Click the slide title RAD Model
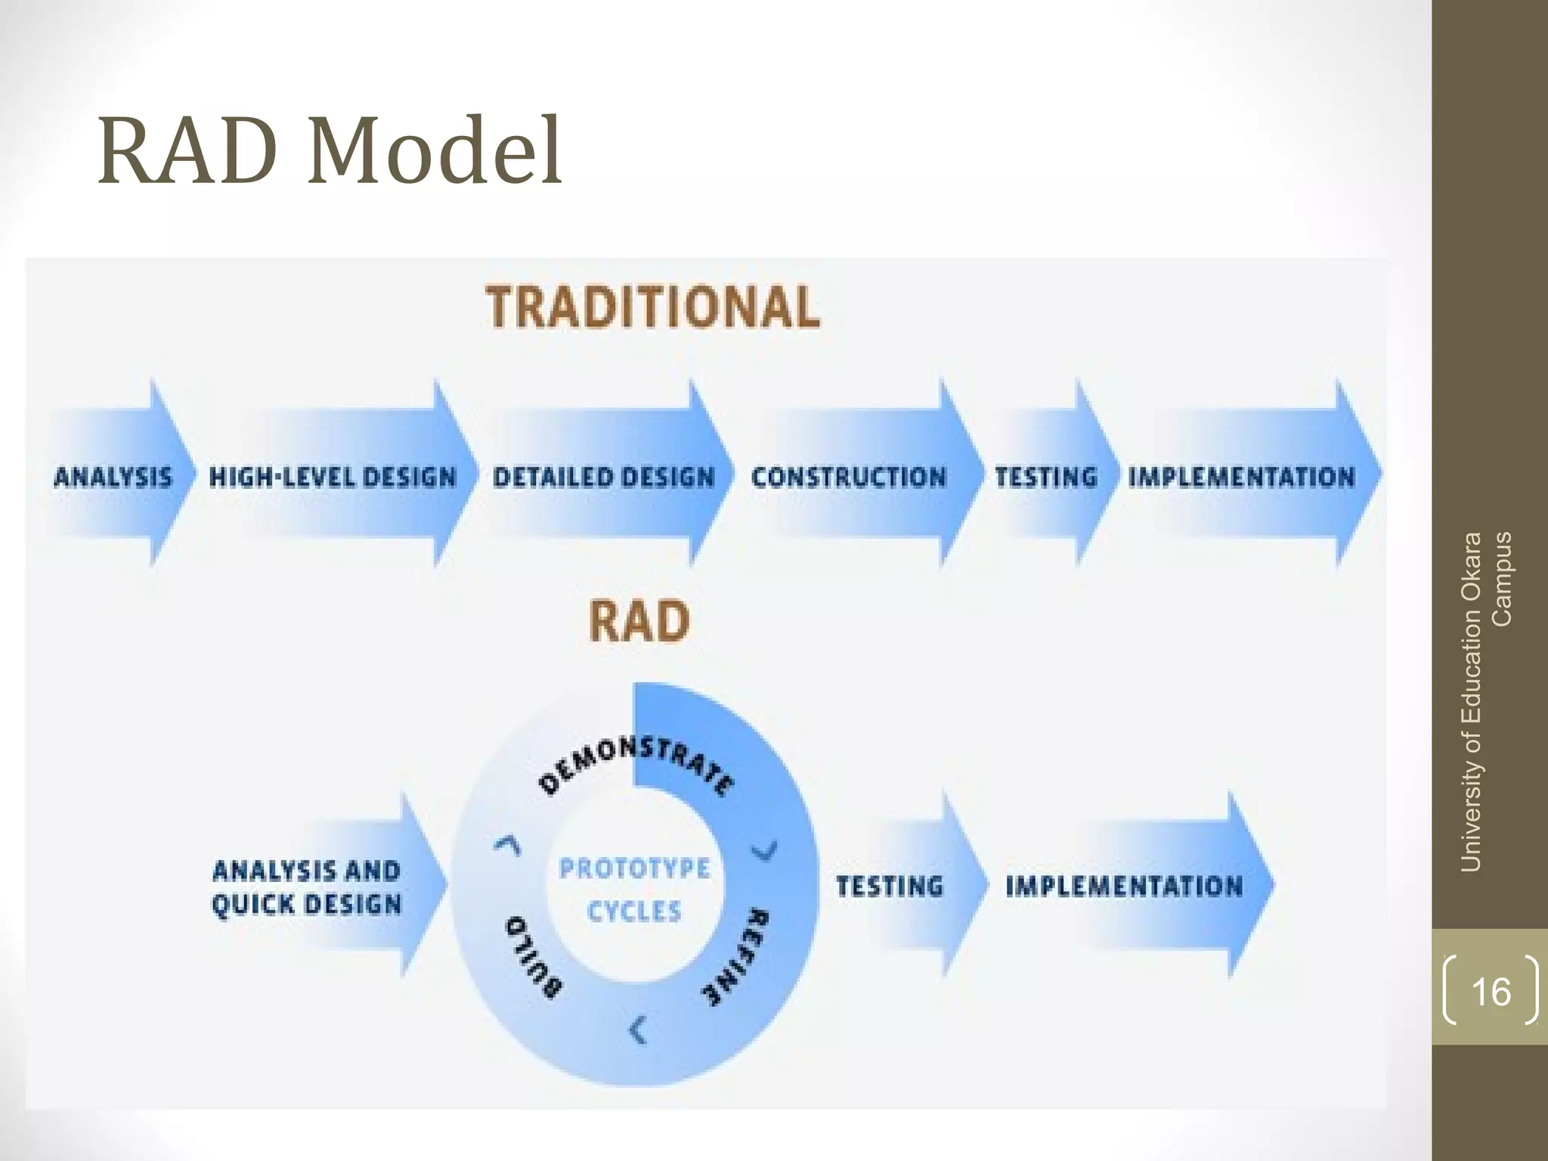[x=330, y=151]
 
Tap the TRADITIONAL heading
[x=653, y=308]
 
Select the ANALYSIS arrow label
[x=113, y=477]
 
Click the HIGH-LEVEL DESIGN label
[x=333, y=477]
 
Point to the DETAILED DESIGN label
[x=603, y=477]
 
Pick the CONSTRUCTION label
[x=848, y=477]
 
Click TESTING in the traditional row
[x=1045, y=477]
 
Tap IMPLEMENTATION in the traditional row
[x=1241, y=477]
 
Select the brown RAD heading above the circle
[x=639, y=621]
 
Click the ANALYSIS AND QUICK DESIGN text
[x=306, y=887]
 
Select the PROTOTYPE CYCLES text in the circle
[x=634, y=890]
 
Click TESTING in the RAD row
[x=890, y=886]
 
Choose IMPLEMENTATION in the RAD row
[x=1124, y=886]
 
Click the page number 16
[x=1491, y=991]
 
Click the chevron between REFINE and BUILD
[x=639, y=1030]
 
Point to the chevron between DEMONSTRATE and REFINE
[x=764, y=852]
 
